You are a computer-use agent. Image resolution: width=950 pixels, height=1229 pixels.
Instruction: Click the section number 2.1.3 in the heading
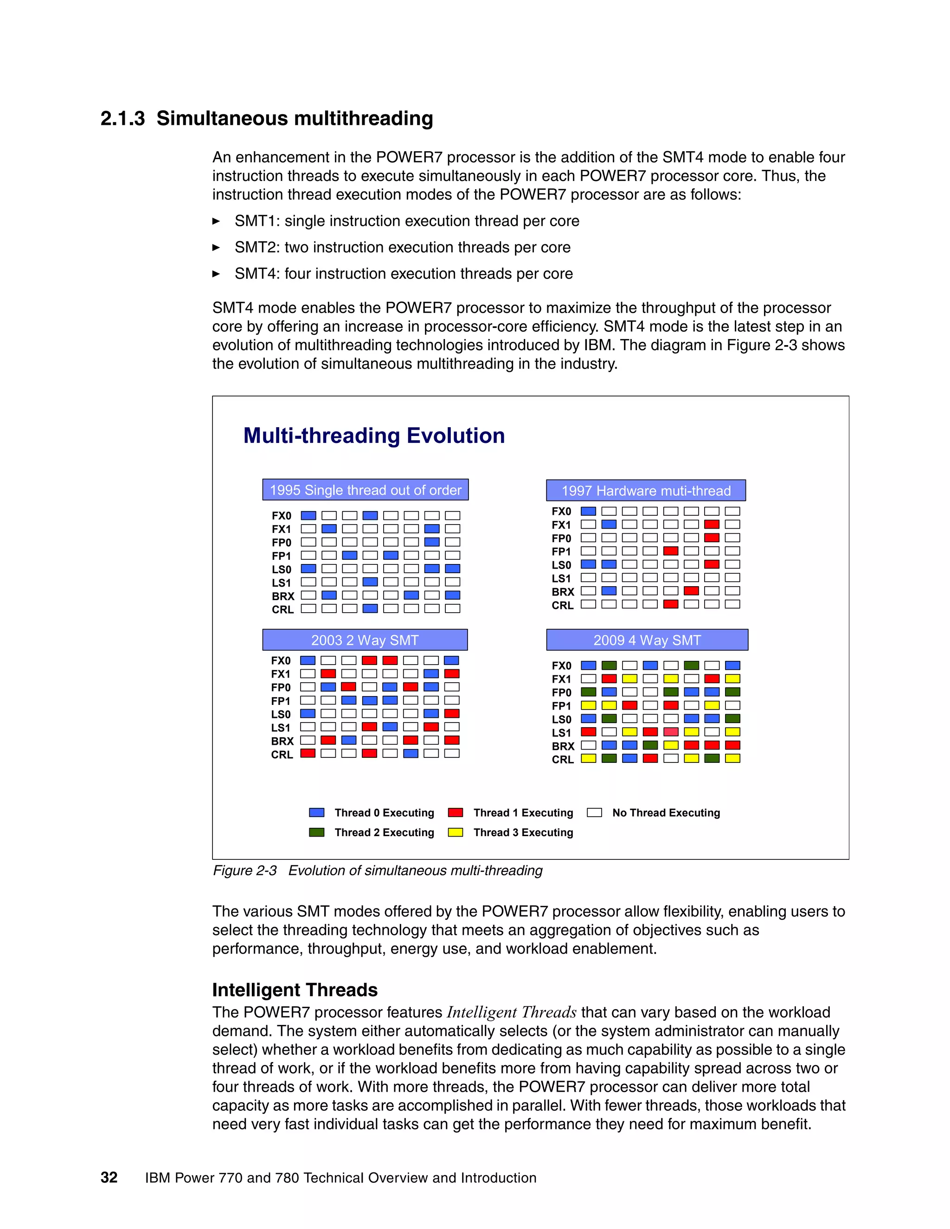point(122,119)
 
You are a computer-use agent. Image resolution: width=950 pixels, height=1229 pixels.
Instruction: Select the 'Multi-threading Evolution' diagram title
point(374,435)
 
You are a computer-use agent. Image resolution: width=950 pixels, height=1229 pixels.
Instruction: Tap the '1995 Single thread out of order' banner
point(365,490)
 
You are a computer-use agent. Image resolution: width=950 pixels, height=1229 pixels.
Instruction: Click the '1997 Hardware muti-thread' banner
point(646,491)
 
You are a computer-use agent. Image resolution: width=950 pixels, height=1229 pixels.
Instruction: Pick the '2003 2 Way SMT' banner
point(365,640)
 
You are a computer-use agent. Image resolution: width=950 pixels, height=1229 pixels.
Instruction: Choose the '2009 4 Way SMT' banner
point(647,640)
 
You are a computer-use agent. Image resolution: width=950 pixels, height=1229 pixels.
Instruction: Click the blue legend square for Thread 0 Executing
point(317,813)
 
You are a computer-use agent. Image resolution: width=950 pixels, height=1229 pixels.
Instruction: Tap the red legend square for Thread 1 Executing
point(456,813)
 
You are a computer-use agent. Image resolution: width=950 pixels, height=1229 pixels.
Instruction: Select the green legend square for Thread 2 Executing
point(317,832)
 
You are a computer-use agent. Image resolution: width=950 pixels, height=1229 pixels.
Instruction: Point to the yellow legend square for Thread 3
point(456,832)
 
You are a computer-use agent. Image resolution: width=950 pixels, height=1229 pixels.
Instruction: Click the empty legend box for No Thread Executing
point(594,813)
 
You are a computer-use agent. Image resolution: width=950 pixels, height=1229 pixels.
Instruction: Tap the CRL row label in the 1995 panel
point(282,609)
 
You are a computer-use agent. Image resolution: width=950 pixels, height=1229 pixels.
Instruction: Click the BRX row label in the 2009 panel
point(563,746)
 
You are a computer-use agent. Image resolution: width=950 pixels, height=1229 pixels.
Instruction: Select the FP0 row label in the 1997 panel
point(561,538)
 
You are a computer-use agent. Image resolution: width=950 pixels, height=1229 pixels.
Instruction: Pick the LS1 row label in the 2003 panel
point(281,728)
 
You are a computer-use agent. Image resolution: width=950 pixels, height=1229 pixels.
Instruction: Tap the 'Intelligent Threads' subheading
point(295,990)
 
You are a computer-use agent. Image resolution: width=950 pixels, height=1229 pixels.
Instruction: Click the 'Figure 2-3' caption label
point(244,871)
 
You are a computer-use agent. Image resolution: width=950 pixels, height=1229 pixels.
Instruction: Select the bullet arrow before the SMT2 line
point(216,248)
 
